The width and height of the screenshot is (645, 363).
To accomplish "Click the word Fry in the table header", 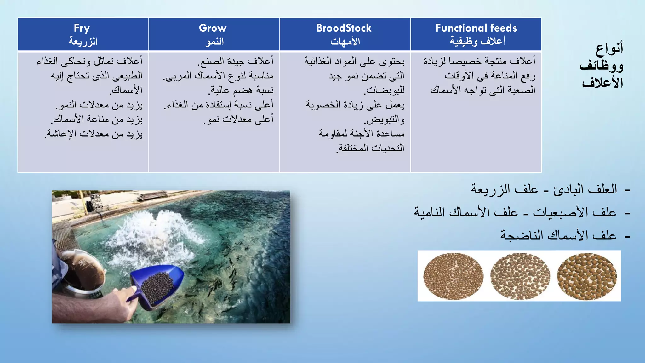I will pyautogui.click(x=82, y=28).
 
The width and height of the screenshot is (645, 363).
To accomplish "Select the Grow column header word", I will pyautogui.click(x=213, y=28).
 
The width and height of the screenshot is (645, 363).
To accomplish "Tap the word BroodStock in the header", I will pyautogui.click(x=344, y=28).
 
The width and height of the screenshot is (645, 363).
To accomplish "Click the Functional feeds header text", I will pyautogui.click(x=476, y=28).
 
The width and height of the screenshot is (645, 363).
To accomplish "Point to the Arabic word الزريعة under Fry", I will pyautogui.click(x=83, y=42).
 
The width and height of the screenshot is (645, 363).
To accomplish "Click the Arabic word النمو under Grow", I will pyautogui.click(x=214, y=42).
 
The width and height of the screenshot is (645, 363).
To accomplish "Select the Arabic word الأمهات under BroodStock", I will pyautogui.click(x=345, y=42).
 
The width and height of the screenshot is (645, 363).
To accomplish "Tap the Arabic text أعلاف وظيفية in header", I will pyautogui.click(x=477, y=41).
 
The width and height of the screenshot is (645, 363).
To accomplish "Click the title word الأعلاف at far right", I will pyautogui.click(x=602, y=83).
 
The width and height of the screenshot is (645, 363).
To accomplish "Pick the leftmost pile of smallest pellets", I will pyautogui.click(x=453, y=276).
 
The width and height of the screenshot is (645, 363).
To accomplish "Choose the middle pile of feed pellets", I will pyautogui.click(x=520, y=276).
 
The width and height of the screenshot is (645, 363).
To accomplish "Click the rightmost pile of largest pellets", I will pyautogui.click(x=587, y=276).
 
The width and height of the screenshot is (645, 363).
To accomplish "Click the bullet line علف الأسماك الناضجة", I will pyautogui.click(x=558, y=235).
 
